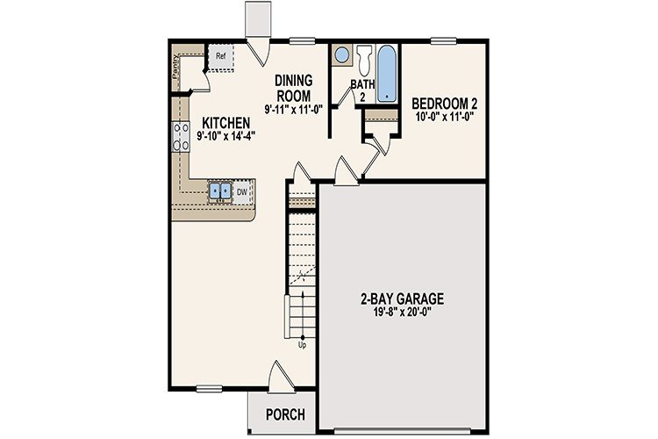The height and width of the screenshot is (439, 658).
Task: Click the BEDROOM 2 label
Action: point(445,104)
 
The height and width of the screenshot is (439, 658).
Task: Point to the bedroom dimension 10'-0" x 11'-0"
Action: point(445,117)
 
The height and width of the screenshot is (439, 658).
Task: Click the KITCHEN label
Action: point(226,122)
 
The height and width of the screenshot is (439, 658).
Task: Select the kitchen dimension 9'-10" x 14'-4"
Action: point(226,136)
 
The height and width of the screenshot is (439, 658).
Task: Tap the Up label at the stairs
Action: point(304,344)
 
